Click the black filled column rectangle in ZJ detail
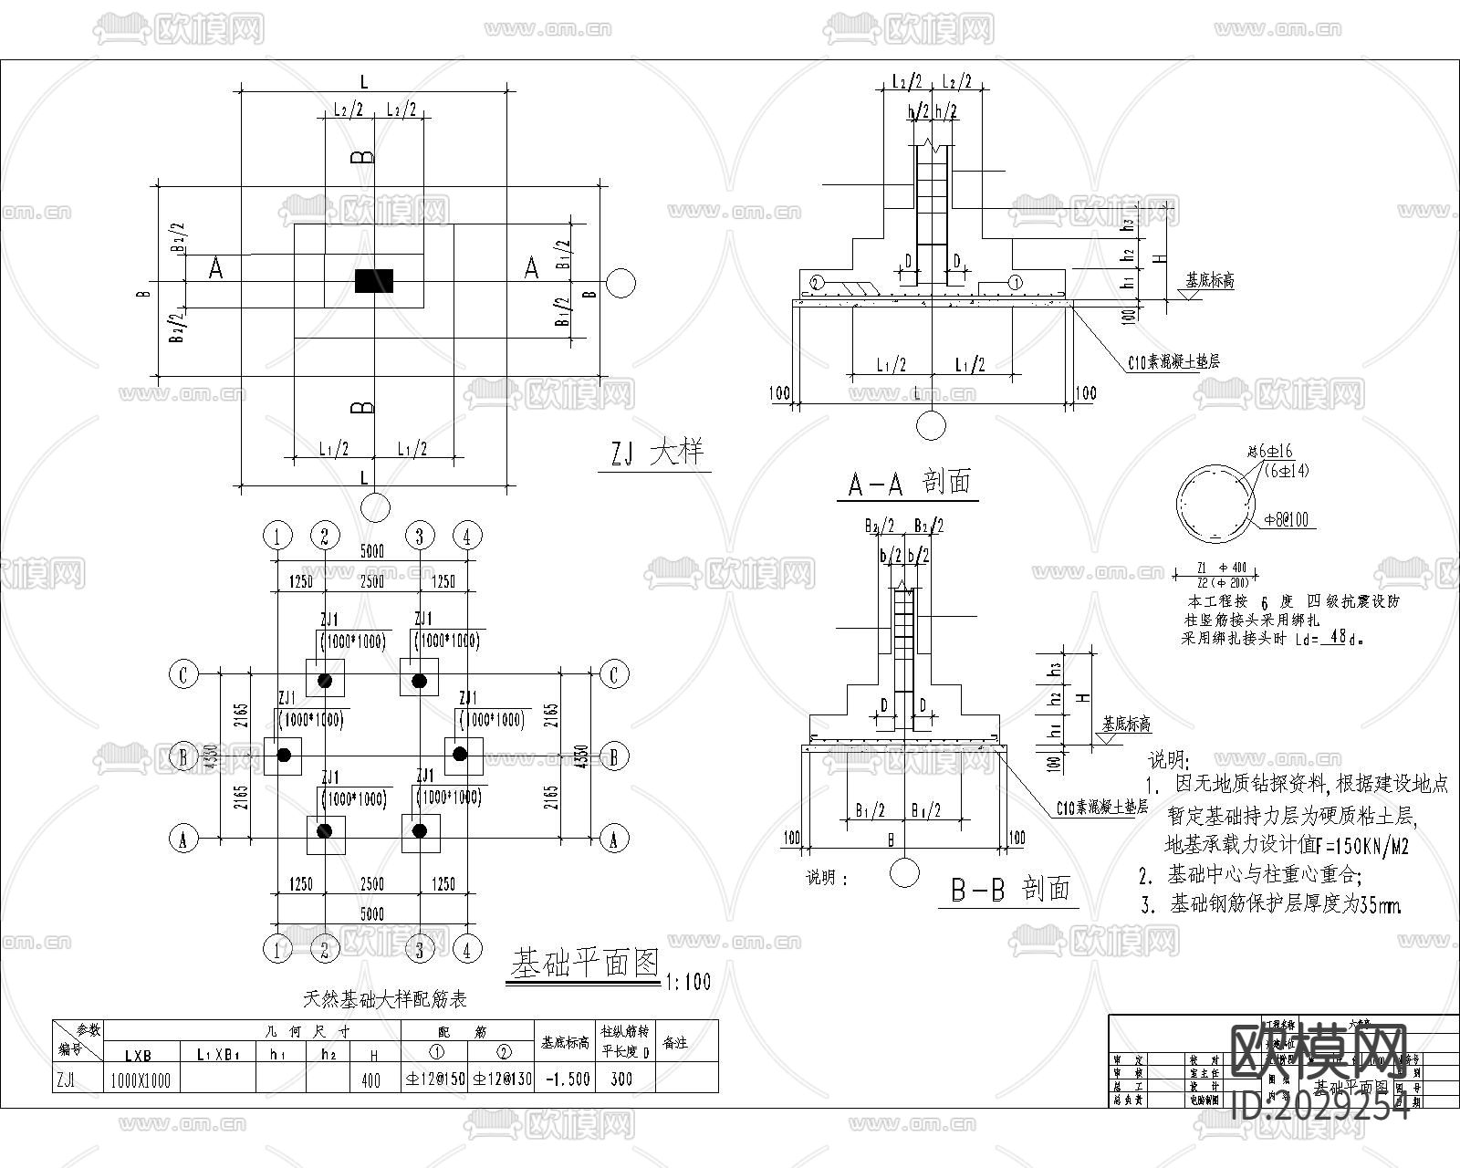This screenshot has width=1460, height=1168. [374, 280]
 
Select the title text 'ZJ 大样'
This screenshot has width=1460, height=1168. [654, 453]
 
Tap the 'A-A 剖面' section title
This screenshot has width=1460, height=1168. [908, 483]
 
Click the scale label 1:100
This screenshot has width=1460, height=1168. [687, 982]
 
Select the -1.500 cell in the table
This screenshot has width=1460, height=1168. [566, 1079]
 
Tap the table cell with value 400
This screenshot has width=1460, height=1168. [370, 1079]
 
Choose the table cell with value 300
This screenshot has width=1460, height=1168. [621, 1079]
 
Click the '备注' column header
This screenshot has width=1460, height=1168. [674, 1042]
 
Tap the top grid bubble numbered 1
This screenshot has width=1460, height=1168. [277, 536]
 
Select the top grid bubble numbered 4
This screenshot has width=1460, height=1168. [467, 536]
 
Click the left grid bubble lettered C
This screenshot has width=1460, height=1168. [183, 675]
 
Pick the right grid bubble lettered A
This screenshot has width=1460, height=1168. [613, 838]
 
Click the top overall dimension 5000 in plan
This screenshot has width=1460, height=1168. [371, 552]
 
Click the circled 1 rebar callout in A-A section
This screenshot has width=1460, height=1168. [1015, 282]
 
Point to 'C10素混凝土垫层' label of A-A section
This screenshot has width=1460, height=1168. [1173, 361]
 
